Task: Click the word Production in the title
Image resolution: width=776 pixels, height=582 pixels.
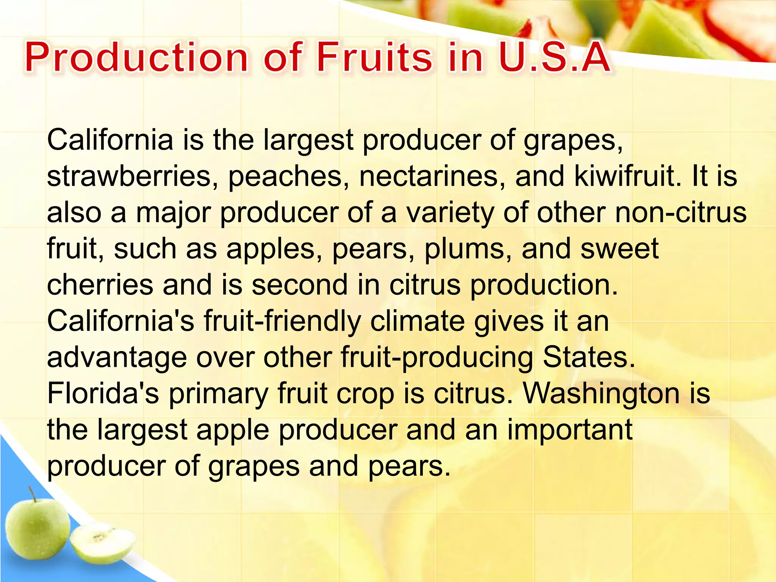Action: click(136, 58)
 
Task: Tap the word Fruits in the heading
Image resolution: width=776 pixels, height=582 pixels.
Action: click(374, 58)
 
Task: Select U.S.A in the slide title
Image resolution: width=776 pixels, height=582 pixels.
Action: click(554, 58)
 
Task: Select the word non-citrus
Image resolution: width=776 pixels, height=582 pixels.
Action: click(681, 212)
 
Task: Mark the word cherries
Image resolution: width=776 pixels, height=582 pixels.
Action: click(100, 285)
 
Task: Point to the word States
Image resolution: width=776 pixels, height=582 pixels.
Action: click(588, 357)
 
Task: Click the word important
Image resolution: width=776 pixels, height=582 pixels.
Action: click(569, 430)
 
